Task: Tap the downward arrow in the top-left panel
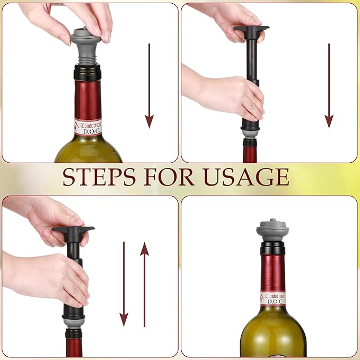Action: pyautogui.click(x=150, y=85)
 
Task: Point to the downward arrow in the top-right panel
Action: pyautogui.click(x=329, y=85)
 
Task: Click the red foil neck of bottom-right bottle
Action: pyautogui.click(x=273, y=271)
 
